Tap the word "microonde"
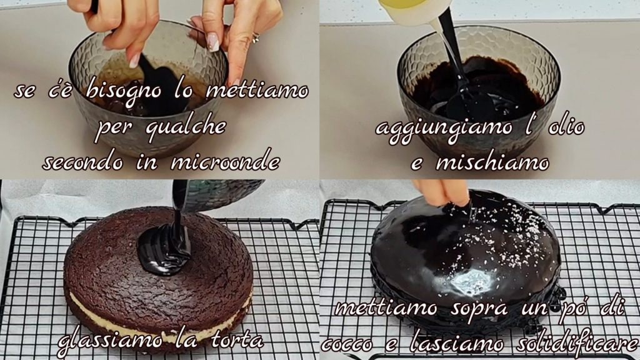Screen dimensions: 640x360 pyautogui.click(x=225, y=162)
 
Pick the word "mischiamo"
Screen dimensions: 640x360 pyautogui.click(x=492, y=162)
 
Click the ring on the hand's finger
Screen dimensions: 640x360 pyautogui.click(x=256, y=38)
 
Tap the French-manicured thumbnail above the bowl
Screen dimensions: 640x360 pyautogui.click(x=212, y=42)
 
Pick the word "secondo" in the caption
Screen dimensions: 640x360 pyautogui.click(x=83, y=162)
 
